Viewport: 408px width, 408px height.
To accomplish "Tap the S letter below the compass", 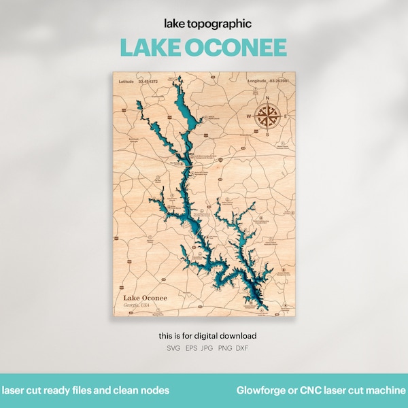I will (267, 134).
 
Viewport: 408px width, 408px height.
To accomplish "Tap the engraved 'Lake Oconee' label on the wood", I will (144, 297).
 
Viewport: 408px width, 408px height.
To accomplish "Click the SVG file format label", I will (174, 348).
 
